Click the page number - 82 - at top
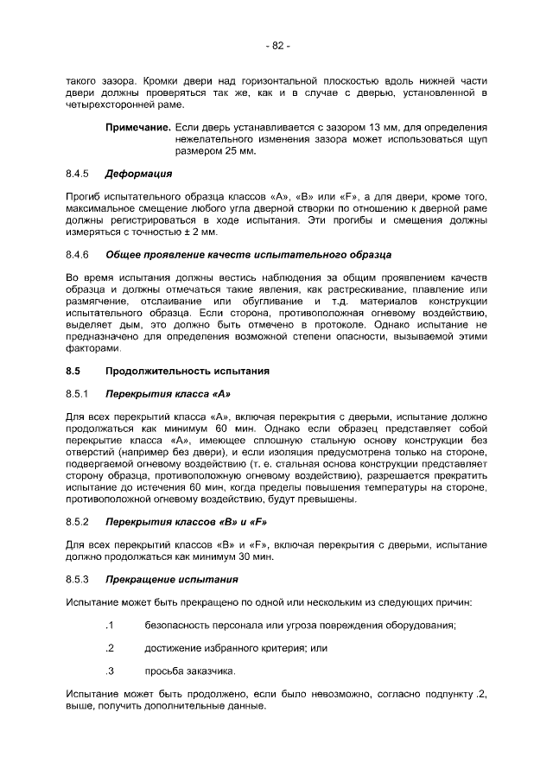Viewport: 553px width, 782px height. point(276,46)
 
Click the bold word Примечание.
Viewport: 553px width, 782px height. point(137,127)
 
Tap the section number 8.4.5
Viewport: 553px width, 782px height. point(78,174)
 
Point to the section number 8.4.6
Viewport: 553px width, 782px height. point(78,255)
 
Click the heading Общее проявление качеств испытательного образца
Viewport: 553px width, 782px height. point(248,255)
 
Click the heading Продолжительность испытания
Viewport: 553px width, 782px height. point(188,372)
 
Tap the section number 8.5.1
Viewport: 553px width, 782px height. point(78,394)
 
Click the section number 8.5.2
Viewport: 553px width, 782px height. point(78,522)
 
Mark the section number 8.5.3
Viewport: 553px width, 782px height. point(78,579)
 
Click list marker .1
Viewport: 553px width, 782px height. point(110,625)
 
